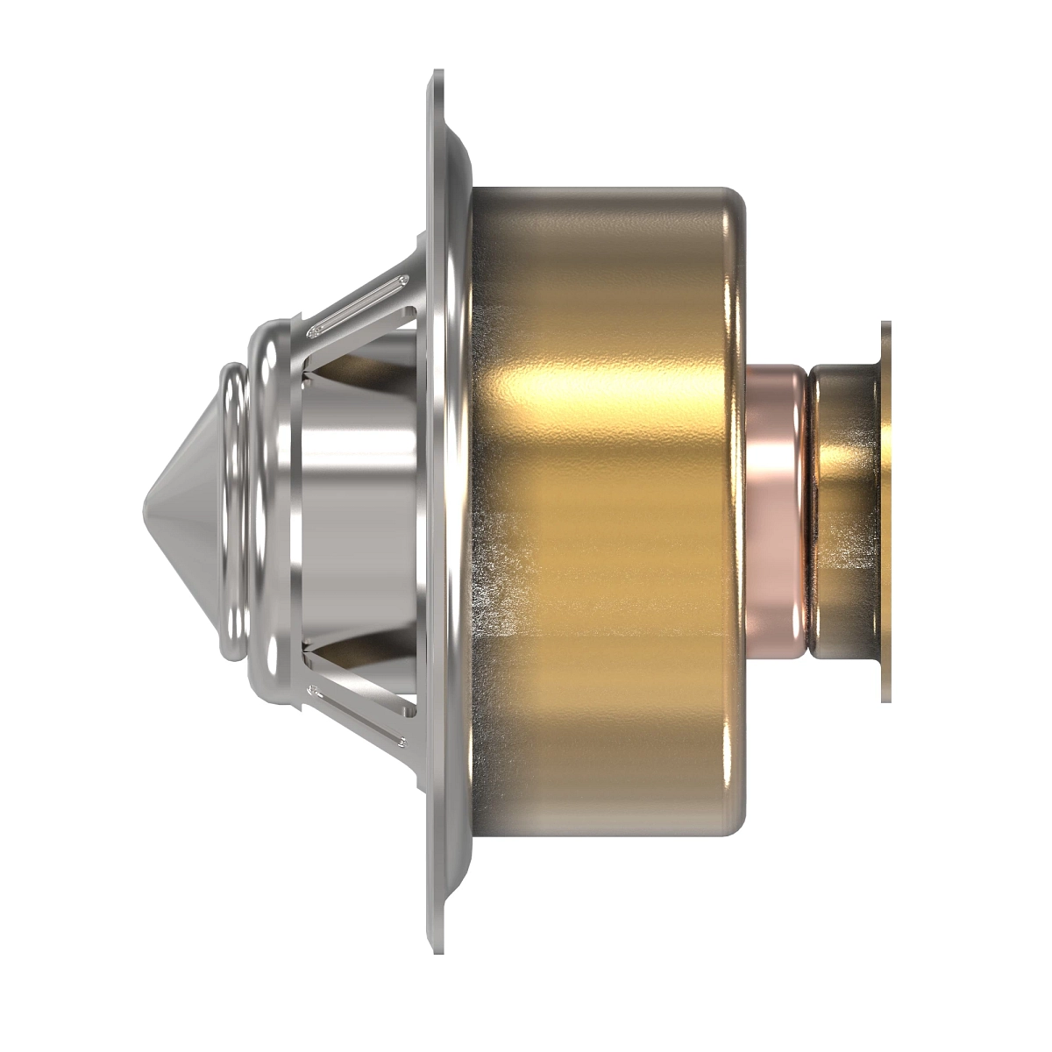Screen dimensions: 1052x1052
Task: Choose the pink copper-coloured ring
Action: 777,508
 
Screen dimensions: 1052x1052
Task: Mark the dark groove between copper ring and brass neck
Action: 807,508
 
